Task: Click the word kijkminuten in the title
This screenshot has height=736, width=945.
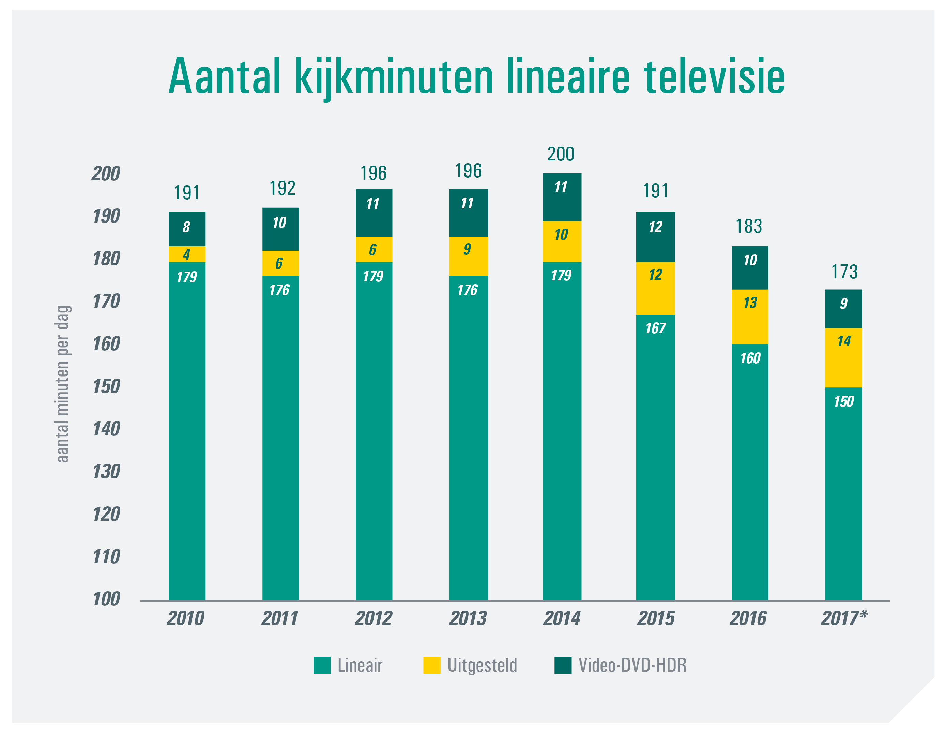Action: (x=394, y=77)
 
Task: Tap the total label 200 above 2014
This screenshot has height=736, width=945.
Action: (x=561, y=154)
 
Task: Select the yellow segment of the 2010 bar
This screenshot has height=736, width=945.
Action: (x=187, y=255)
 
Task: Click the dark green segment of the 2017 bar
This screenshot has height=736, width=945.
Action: (x=843, y=308)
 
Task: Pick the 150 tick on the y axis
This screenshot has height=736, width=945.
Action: (x=106, y=386)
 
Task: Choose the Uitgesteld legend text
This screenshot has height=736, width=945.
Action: (x=482, y=665)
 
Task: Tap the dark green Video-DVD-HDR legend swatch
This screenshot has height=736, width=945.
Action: (x=563, y=665)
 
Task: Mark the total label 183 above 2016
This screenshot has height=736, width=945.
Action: (x=749, y=226)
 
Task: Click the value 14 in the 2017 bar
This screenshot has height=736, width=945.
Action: (x=844, y=341)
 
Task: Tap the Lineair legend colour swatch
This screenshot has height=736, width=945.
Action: (x=322, y=665)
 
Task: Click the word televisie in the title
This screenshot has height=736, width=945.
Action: (x=714, y=77)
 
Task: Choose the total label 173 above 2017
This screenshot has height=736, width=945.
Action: (x=844, y=272)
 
